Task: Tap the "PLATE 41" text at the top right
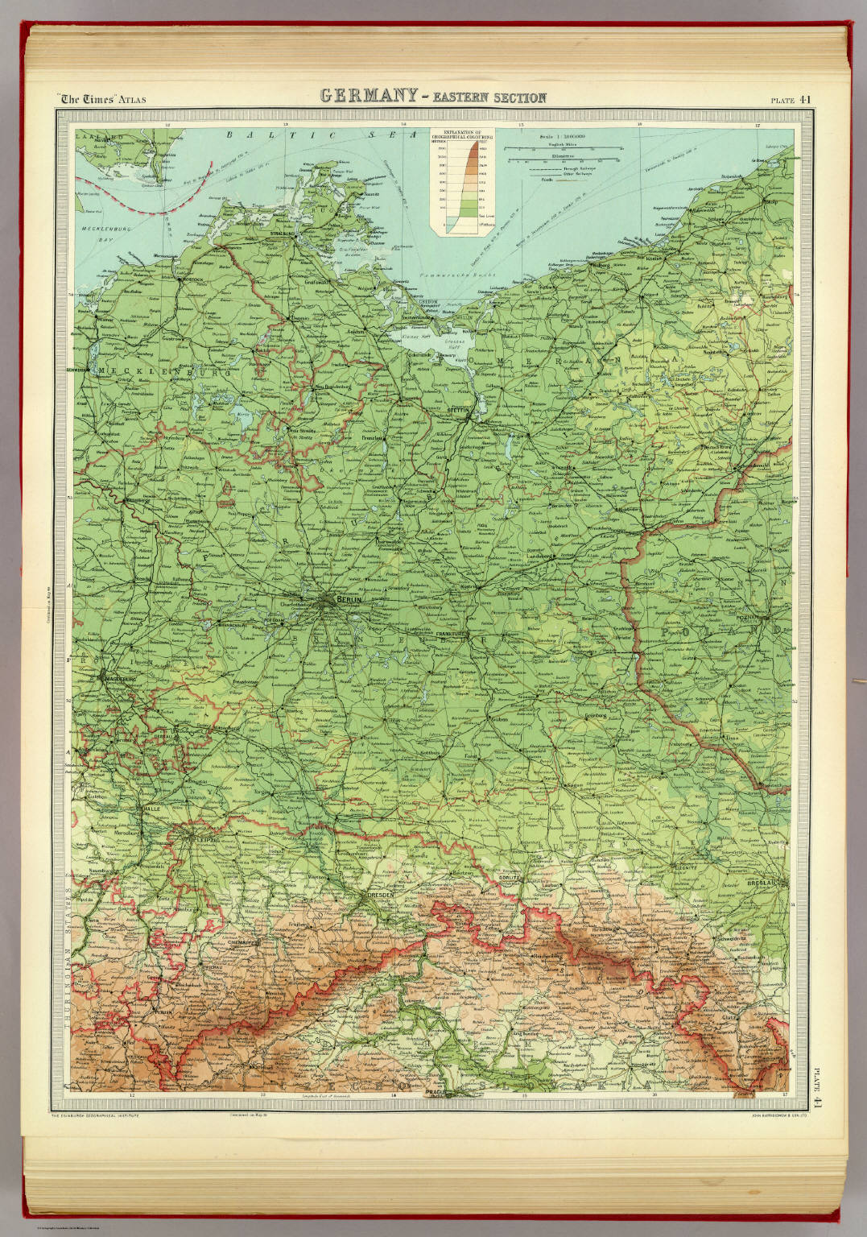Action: click(x=794, y=100)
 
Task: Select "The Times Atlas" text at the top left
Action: click(x=105, y=100)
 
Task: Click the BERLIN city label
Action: click(x=348, y=601)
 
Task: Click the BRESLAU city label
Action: click(x=761, y=883)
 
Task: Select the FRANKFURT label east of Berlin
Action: click(x=451, y=635)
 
